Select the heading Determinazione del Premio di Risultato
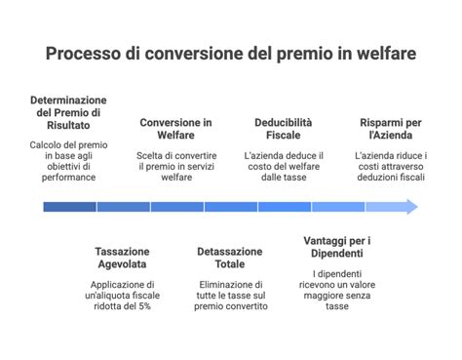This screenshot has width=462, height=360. [68, 114]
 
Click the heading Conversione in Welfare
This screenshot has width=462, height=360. [175, 129]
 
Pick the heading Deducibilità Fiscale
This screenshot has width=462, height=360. [284, 129]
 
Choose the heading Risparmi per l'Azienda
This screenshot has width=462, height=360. [391, 129]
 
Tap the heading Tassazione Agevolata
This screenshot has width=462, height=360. [122, 258]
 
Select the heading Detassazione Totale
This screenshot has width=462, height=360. [230, 258]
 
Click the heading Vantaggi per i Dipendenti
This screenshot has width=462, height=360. [337, 247]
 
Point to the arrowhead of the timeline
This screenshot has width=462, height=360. [410, 207]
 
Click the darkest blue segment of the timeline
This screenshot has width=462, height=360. [68, 207]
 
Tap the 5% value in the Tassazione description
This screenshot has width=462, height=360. [143, 306]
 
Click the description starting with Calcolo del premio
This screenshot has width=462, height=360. [68, 161]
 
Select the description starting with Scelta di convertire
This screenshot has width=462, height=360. [175, 166]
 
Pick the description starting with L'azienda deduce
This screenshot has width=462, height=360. [284, 166]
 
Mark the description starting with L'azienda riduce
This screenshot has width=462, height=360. [391, 166]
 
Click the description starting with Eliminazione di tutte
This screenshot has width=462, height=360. [230, 295]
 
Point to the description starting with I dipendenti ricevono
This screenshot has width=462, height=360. [337, 289]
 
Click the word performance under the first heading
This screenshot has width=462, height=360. [68, 178]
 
